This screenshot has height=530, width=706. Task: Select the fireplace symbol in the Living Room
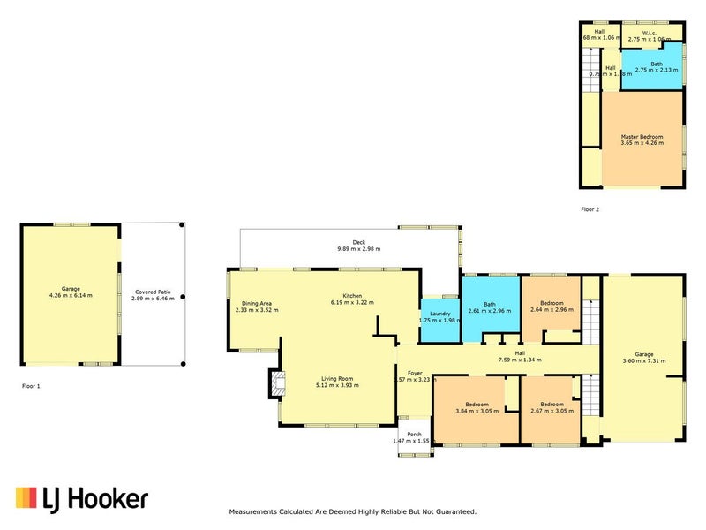pos(277,383)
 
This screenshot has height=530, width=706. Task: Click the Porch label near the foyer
pos(414,434)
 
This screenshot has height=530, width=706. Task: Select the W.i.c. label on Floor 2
pos(651,33)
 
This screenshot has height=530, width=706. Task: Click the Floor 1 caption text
pos(31,386)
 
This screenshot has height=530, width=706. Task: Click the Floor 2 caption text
pos(590,209)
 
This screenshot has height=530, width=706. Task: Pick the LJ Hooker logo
pos(81,499)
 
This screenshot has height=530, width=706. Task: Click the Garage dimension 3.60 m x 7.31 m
pos(642,361)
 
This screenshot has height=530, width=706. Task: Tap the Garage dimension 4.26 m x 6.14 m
pos(71,296)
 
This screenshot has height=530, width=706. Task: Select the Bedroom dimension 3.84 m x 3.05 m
pos(477,411)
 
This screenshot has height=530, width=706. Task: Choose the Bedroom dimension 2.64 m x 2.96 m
pos(552,310)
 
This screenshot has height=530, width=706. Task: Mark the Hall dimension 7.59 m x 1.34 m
pos(518,360)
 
